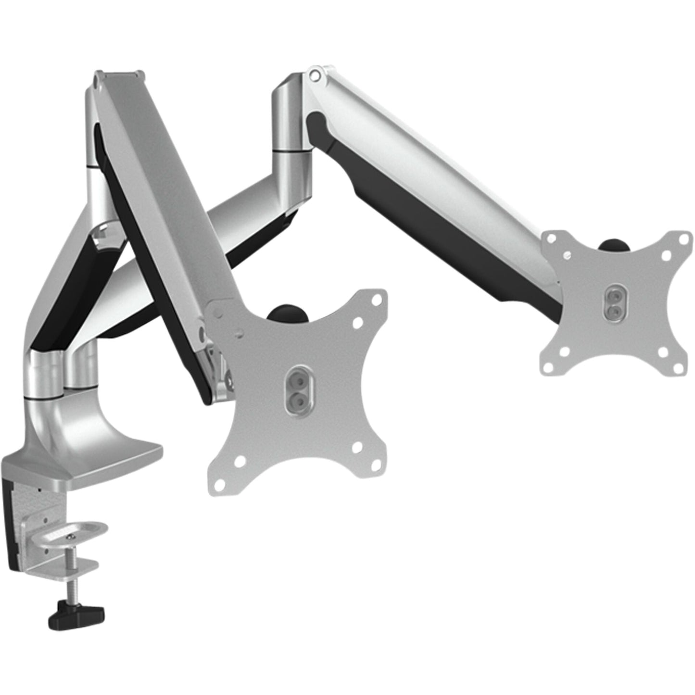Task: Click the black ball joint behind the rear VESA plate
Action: tap(612, 244)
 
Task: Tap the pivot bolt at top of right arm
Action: tap(315, 75)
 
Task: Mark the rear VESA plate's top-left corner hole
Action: tap(552, 240)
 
